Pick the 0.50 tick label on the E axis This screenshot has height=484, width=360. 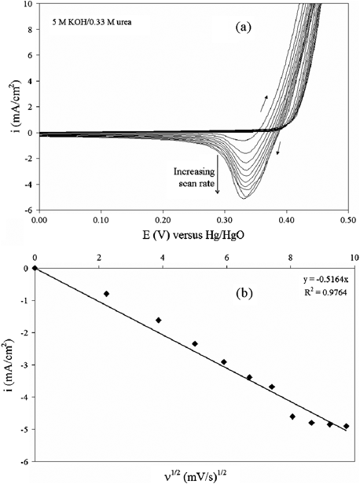tap(347, 222)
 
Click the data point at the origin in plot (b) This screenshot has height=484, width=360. tap(35, 268)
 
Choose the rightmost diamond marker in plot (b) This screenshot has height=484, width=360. tap(346, 426)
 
